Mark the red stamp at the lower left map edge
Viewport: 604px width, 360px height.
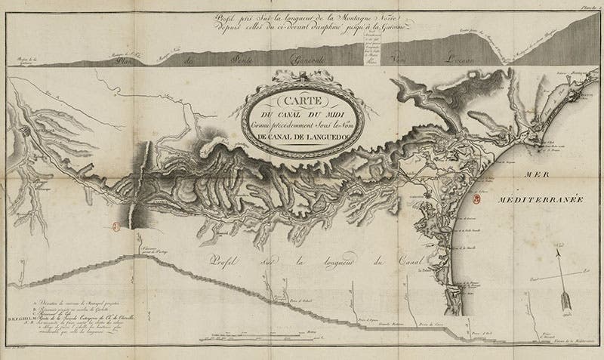pos(116,224)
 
